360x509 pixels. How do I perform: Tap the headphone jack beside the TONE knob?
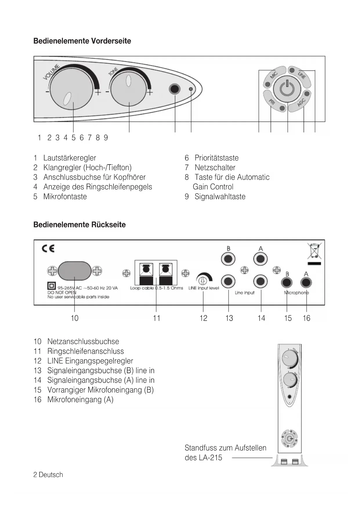(175, 89)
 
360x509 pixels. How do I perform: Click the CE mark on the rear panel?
(48, 249)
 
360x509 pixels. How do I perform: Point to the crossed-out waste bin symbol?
(314, 251)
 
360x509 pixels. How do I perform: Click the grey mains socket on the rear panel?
(75, 271)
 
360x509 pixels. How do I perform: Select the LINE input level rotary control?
(203, 280)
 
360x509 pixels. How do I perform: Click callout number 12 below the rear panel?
(203, 318)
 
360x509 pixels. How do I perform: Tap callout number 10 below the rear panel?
(75, 318)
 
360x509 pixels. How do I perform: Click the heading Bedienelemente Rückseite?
(79, 225)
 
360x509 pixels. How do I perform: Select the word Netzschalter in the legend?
(215, 167)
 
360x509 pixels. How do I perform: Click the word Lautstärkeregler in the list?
(70, 158)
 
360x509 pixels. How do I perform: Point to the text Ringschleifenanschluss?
(86, 351)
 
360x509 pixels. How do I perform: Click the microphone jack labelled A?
(306, 282)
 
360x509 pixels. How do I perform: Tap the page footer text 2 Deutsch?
(48, 475)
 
